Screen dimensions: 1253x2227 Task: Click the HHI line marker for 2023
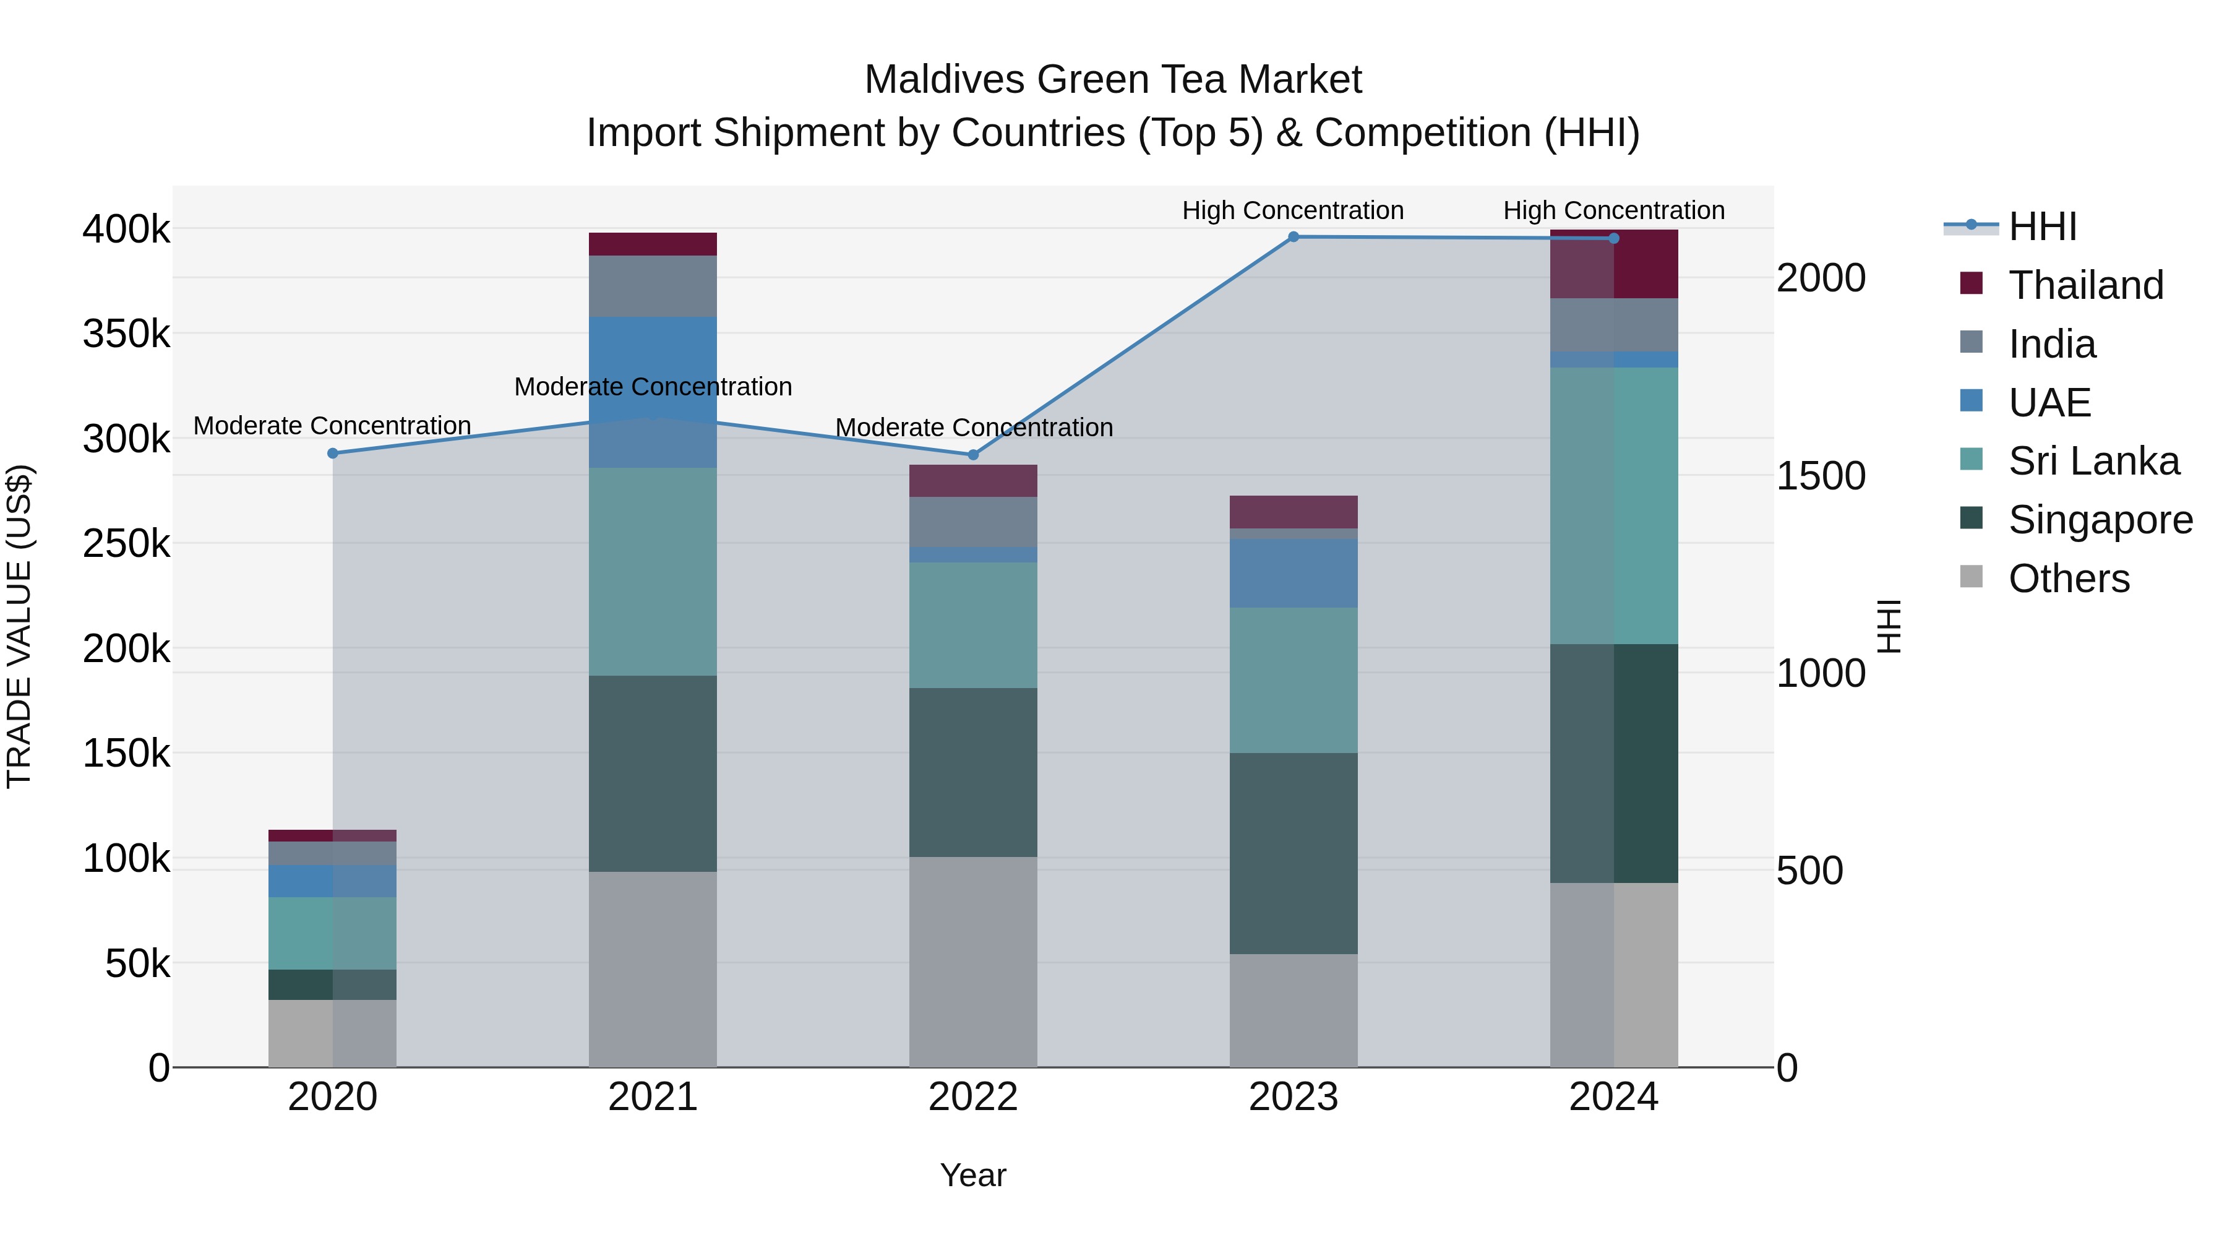[1294, 237]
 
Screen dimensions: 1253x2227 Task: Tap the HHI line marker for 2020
[333, 453]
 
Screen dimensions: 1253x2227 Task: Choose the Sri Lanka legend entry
[2093, 461]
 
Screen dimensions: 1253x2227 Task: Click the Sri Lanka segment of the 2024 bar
[1613, 506]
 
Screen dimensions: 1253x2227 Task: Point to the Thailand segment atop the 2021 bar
[653, 244]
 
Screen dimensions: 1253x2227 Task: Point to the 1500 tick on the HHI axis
[1821, 476]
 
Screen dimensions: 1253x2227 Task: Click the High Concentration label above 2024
[1613, 210]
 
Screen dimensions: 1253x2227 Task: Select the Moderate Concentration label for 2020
[332, 426]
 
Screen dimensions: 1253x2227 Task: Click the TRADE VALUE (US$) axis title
[19, 626]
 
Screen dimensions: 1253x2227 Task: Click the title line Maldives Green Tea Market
[1113, 80]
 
